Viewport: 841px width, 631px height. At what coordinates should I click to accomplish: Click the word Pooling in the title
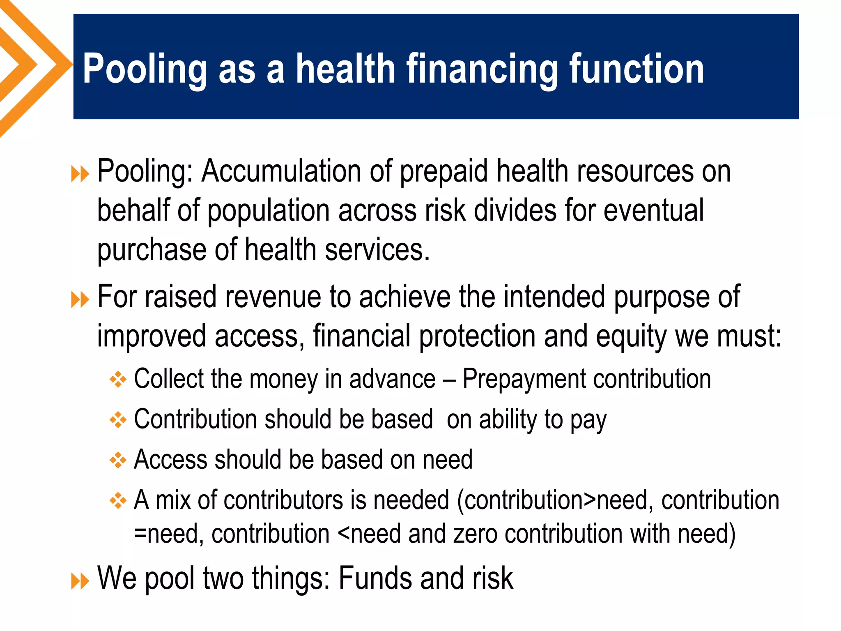[x=145, y=70]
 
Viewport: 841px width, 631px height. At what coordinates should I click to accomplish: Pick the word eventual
[x=654, y=210]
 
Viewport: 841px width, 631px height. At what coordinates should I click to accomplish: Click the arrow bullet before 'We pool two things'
[x=80, y=581]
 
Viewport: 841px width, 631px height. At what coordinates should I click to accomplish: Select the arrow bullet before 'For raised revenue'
[x=80, y=299]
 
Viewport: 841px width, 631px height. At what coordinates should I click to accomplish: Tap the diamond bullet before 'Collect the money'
[x=118, y=380]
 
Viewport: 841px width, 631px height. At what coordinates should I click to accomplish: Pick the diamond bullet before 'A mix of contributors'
[x=118, y=501]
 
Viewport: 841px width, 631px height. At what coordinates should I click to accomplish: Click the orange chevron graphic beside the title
[x=33, y=66]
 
